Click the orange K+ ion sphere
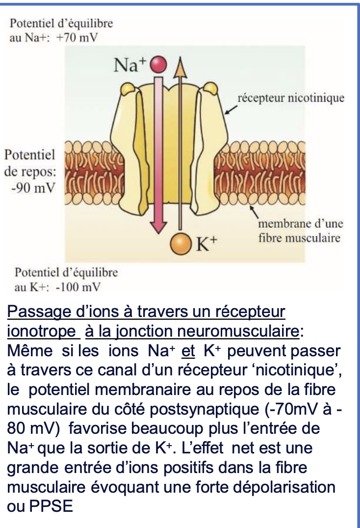180,244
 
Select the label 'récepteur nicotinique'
291,98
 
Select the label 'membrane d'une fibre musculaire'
300,231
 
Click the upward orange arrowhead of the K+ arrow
181,69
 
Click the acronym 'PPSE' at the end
48,505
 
